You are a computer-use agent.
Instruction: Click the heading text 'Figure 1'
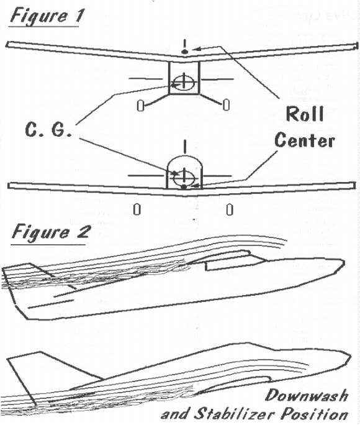point(46,16)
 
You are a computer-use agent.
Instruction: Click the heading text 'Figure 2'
point(50,232)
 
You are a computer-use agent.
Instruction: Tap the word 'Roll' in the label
point(305,114)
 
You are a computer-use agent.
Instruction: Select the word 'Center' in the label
point(305,141)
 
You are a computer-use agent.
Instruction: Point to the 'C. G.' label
point(48,130)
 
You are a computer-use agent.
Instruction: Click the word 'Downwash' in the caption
point(307,395)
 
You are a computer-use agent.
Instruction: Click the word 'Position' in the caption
point(314,414)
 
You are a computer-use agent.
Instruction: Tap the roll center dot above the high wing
point(184,52)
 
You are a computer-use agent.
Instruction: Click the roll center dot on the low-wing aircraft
point(184,187)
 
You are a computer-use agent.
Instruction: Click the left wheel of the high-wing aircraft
point(140,106)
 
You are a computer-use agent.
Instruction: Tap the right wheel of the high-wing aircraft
point(227,105)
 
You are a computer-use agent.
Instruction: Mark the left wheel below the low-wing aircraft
point(137,209)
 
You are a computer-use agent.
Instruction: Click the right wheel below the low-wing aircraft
point(230,209)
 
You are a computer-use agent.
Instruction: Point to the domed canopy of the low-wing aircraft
point(184,156)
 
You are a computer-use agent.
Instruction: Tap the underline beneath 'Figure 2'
point(48,244)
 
